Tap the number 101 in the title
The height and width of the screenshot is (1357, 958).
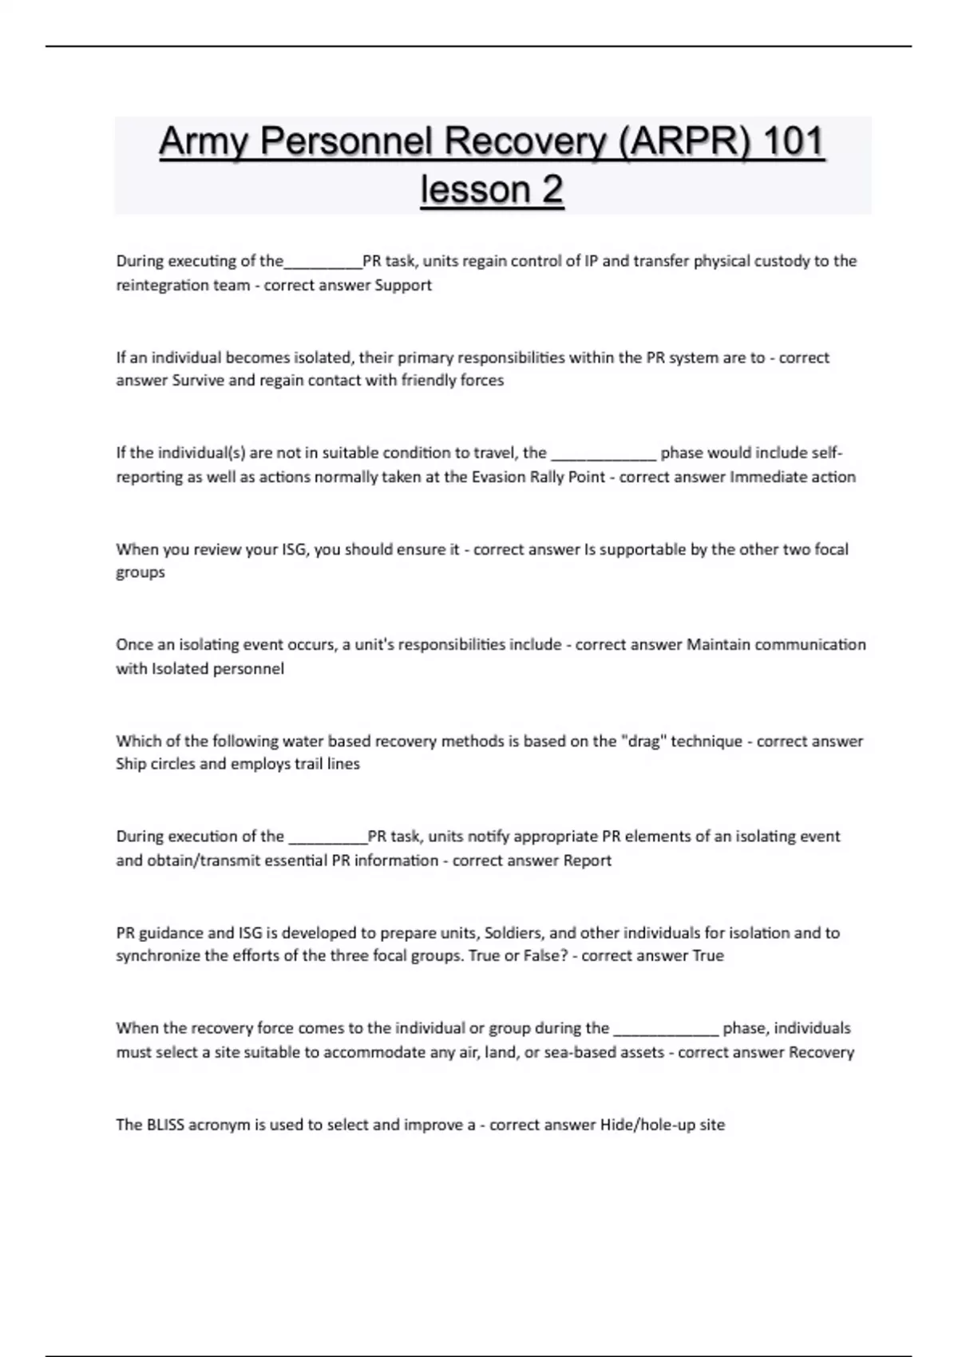click(x=792, y=142)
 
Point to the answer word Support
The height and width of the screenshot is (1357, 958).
click(x=403, y=285)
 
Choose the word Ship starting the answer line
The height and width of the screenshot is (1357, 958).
click(x=131, y=764)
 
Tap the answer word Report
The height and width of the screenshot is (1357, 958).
click(x=587, y=860)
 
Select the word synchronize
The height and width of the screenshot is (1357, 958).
click(x=158, y=955)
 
